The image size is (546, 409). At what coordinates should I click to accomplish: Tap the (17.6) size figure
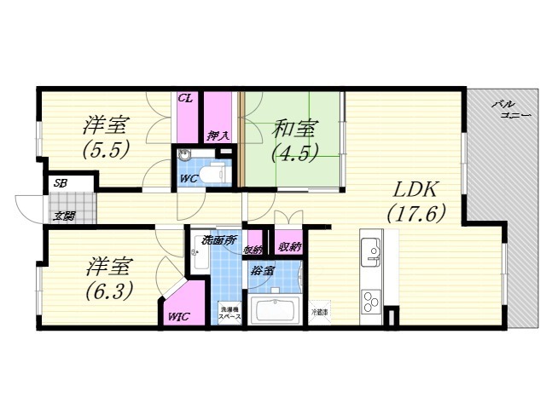[415, 214]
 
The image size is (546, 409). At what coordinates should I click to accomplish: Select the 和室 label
[295, 130]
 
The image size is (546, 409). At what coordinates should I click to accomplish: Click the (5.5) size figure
[105, 150]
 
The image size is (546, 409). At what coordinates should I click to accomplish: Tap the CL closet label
[185, 99]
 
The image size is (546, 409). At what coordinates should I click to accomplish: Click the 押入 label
[218, 135]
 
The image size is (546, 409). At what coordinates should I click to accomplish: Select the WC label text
[189, 178]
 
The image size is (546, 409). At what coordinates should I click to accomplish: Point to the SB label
[61, 183]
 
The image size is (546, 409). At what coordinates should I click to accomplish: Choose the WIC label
[179, 316]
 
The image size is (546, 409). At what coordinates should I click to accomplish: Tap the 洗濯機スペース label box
[230, 313]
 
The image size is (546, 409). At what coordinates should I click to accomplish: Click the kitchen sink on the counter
[372, 251]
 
